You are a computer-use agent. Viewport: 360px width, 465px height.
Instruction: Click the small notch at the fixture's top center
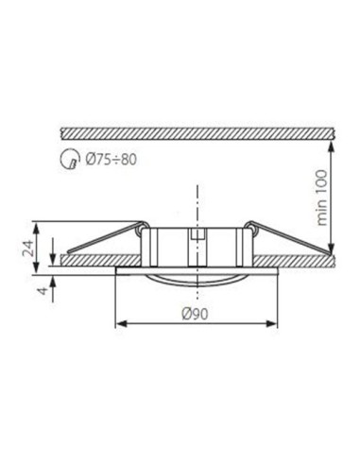197,234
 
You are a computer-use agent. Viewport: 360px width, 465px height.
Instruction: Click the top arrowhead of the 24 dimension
37,225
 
